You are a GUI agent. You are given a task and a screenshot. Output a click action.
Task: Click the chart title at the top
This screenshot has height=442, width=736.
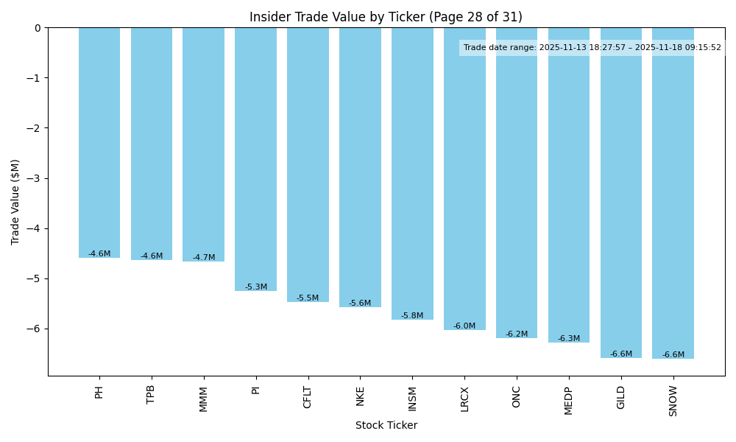tap(386, 17)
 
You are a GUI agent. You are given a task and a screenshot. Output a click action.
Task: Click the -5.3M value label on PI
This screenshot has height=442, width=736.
tap(256, 287)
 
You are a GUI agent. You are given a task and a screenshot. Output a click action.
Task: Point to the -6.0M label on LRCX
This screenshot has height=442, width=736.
tap(464, 326)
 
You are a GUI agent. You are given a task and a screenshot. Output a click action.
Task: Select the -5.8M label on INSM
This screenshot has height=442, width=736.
tap(412, 316)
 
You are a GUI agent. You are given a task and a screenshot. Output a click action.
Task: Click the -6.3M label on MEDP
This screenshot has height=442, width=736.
tap(569, 339)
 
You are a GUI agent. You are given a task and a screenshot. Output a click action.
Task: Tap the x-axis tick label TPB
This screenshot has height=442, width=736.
tap(151, 394)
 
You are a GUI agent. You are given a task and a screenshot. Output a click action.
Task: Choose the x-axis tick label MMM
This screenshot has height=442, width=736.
tap(204, 399)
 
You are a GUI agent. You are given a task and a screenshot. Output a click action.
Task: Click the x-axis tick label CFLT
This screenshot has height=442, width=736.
tap(308, 397)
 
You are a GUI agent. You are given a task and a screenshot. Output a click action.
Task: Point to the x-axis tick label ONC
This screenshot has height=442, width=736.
tap(517, 396)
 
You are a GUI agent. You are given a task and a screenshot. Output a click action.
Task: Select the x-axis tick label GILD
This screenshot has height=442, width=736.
tap(621, 397)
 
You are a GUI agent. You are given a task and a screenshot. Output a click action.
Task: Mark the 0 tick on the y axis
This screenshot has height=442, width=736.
tap(38, 28)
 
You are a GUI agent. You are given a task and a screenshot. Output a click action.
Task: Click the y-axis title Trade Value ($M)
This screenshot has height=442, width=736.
tap(15, 202)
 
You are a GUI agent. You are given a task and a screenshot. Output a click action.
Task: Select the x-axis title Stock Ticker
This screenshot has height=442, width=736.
tap(386, 426)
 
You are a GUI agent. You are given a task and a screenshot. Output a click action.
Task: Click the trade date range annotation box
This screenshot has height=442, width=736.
tap(592, 48)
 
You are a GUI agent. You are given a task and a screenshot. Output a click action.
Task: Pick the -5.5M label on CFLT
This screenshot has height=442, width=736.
tap(308, 298)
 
